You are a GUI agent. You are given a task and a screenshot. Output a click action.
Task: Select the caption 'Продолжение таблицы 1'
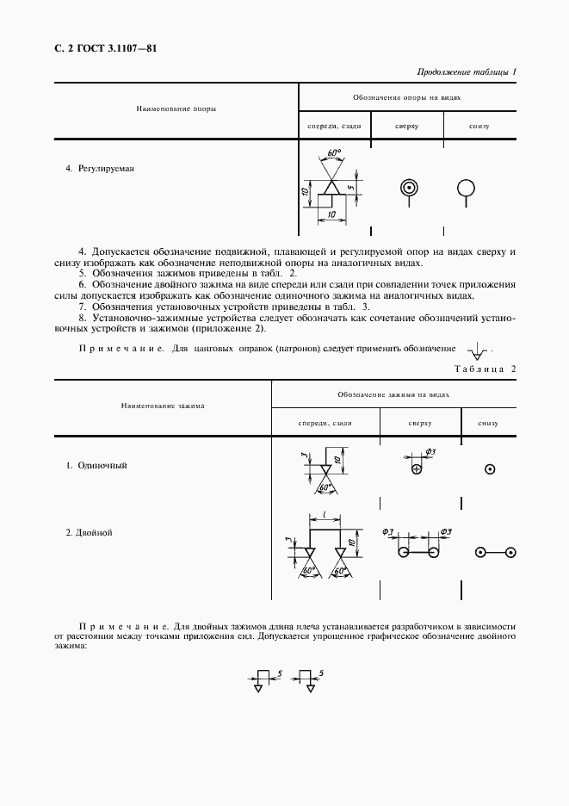click(466, 71)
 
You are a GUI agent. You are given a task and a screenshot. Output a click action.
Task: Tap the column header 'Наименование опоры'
click(176, 110)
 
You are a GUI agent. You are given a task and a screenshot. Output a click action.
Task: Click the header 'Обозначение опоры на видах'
click(406, 97)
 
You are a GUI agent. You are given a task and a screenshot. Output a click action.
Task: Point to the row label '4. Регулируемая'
click(101, 168)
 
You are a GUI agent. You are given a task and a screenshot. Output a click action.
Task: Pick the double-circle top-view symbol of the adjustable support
click(408, 187)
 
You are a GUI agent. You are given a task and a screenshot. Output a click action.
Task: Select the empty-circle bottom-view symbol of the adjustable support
click(466, 187)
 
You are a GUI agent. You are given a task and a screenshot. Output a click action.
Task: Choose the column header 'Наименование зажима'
click(163, 405)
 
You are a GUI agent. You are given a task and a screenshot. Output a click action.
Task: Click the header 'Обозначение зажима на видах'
click(393, 394)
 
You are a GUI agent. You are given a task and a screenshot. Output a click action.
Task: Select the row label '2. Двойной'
click(90, 532)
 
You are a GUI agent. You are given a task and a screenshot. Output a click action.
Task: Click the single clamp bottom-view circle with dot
click(490, 469)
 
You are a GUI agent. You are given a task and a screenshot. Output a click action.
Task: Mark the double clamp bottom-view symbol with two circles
click(495, 552)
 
